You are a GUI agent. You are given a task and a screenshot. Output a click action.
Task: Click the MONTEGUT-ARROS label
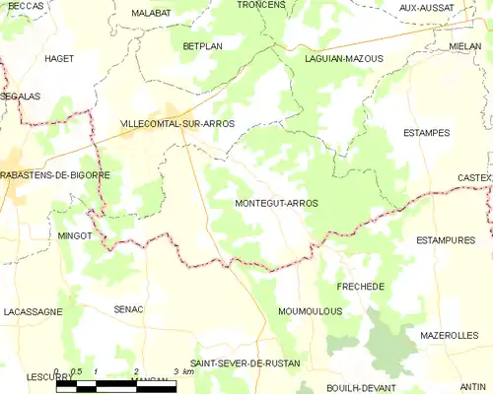[x=277, y=203]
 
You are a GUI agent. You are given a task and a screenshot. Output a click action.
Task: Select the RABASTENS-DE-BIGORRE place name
[x=55, y=174]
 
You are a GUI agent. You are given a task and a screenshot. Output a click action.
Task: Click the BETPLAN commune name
[x=204, y=46]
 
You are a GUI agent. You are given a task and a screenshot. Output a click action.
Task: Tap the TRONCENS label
[x=261, y=5]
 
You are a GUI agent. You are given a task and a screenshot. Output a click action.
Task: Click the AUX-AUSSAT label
[x=427, y=8]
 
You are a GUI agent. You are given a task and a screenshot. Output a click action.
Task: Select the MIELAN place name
[x=464, y=46]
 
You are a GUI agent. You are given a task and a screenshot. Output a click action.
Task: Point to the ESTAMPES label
[x=427, y=132]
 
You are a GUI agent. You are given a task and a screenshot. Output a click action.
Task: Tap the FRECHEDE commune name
[x=361, y=286]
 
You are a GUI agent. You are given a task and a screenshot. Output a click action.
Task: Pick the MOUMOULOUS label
[x=310, y=311]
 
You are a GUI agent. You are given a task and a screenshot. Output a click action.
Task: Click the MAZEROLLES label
[x=449, y=336]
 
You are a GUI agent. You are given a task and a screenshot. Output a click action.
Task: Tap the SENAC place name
[x=129, y=309]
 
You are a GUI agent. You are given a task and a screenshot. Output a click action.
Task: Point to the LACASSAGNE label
[x=34, y=311]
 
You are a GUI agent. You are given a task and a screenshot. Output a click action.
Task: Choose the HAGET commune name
[x=59, y=59]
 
